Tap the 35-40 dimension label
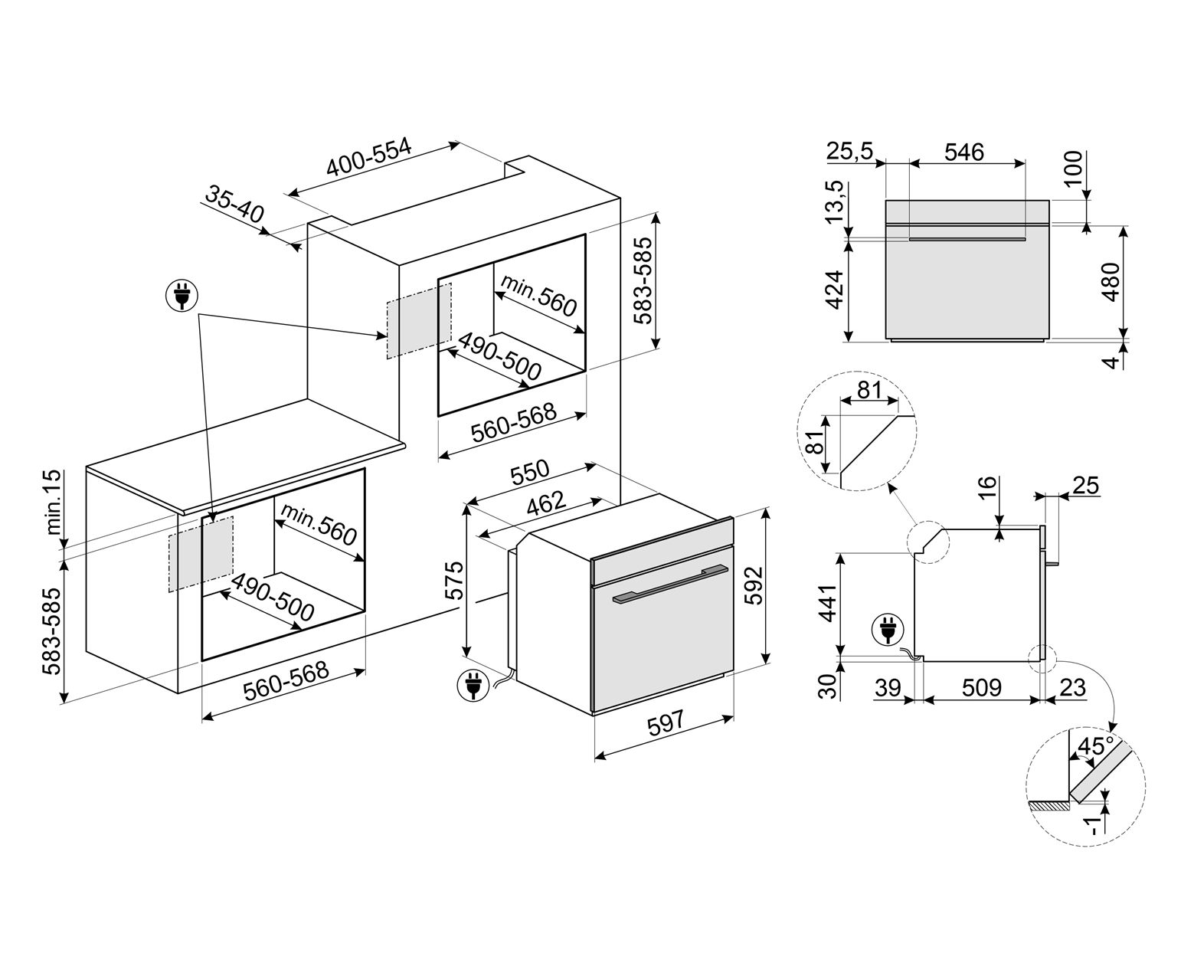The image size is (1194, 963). coord(234,203)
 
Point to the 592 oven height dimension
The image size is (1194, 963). coord(754,586)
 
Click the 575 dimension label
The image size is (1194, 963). coord(455,580)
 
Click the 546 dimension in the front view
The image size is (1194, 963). coord(963,152)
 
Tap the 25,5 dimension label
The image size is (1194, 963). coord(849,152)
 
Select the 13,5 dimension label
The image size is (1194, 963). coord(837,202)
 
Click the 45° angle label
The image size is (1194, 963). coord(1094,746)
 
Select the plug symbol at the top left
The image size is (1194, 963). coord(182,295)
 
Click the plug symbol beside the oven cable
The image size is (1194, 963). coord(471,686)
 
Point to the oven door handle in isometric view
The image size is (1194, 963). coord(668,585)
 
